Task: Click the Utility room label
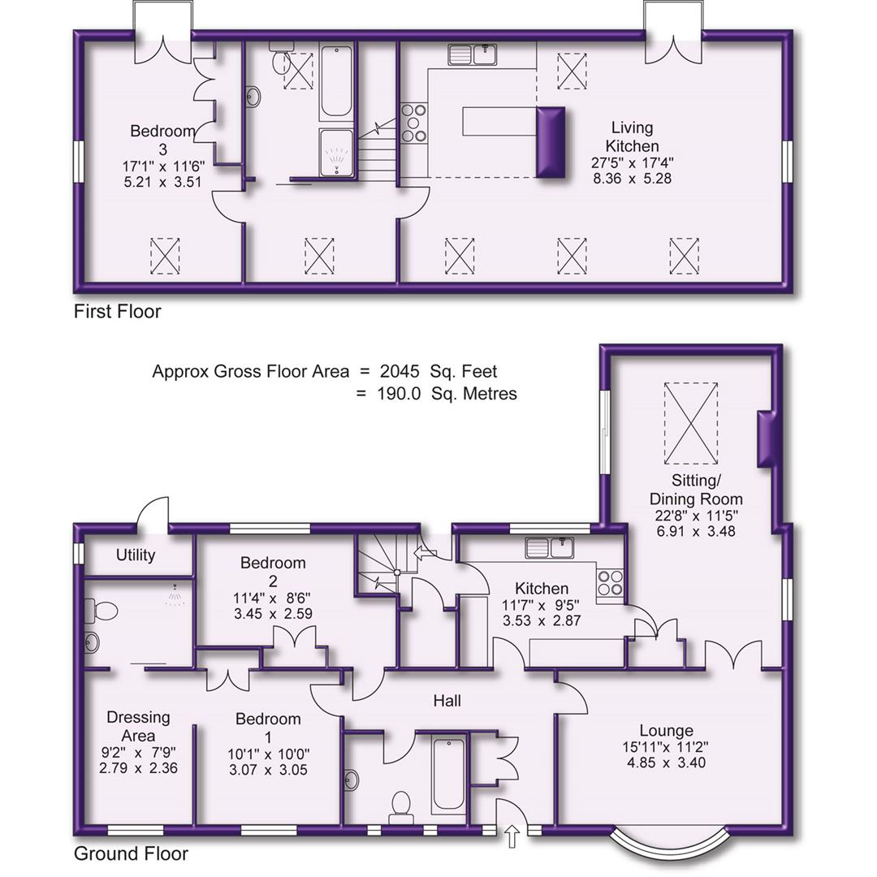pyautogui.click(x=136, y=555)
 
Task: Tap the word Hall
pyautogui.click(x=447, y=700)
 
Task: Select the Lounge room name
pyautogui.click(x=666, y=730)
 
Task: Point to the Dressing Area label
pyautogui.click(x=138, y=726)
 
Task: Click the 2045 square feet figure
pyautogui.click(x=400, y=371)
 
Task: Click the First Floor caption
pyautogui.click(x=117, y=311)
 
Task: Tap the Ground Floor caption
pyautogui.click(x=131, y=853)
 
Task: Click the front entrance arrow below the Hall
pyautogui.click(x=512, y=837)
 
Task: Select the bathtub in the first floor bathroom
pyautogui.click(x=335, y=83)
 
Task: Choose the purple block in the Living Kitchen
pyautogui.click(x=550, y=142)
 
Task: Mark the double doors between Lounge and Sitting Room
pyautogui.click(x=733, y=655)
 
